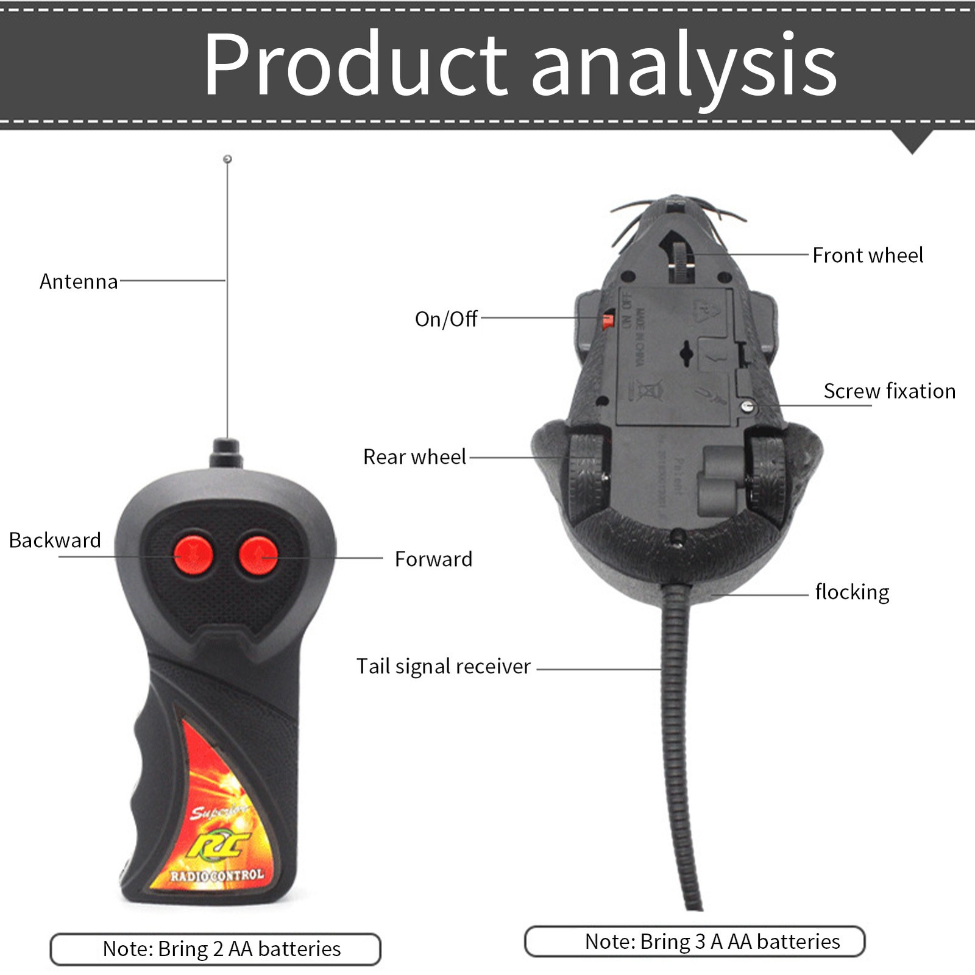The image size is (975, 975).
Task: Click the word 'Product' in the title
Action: coord(355,65)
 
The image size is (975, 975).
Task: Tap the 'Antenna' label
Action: coord(79,282)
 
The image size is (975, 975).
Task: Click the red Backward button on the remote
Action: coord(193,555)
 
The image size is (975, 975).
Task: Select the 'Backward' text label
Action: coord(55,541)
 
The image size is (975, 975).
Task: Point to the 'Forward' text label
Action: coord(433,559)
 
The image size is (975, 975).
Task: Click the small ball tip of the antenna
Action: coord(227,159)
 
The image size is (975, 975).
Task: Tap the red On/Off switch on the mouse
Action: coord(608,320)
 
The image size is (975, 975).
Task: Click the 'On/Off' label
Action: coord(446,319)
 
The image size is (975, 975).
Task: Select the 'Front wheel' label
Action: coord(868,255)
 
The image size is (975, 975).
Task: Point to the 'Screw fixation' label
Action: coord(890,391)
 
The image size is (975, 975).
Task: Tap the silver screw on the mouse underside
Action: coord(748,406)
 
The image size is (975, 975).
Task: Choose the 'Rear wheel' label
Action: coord(414,457)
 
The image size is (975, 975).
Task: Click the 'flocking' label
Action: coord(852,592)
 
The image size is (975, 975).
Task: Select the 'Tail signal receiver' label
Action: coord(444,667)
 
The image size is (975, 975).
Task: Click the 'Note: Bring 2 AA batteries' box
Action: coord(216,949)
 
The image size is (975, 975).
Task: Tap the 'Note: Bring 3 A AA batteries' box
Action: coord(695,941)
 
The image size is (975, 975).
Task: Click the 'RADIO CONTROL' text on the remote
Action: coord(217,876)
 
